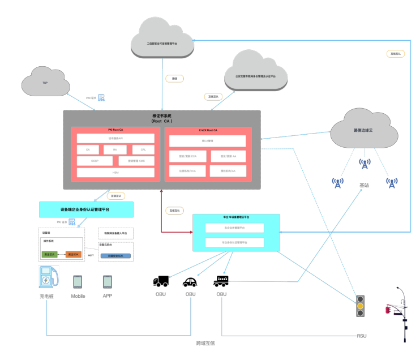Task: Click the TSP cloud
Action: [45, 83]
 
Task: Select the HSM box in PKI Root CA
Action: [115, 172]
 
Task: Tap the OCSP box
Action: [94, 161]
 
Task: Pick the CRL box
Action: [143, 149]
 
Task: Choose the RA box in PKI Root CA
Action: [115, 149]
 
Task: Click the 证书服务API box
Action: [115, 138]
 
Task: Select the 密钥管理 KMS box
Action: [136, 161]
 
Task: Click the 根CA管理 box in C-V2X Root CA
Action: [207, 141]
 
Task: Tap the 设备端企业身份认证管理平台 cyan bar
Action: [86, 209]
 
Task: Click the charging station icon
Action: [49, 277]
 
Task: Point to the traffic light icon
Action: [359, 306]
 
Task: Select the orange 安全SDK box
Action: [73, 255]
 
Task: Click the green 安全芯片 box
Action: [50, 255]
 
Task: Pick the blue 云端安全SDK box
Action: [115, 256]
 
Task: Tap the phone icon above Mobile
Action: [78, 281]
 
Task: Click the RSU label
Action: [361, 336]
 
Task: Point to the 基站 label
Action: [365, 185]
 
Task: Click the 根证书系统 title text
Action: [162, 115]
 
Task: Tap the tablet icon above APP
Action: [108, 281]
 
